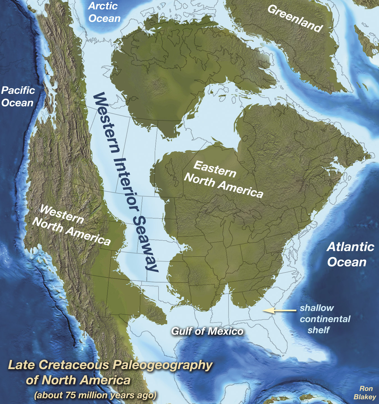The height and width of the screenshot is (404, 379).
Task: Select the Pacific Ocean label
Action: tap(18, 97)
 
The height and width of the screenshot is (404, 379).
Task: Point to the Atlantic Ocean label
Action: tap(350, 254)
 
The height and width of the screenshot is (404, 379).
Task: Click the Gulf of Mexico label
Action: tap(207, 331)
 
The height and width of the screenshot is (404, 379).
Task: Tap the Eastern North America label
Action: tap(223, 180)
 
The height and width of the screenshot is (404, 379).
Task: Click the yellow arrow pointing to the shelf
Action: tap(279, 310)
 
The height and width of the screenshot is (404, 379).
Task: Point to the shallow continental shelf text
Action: tap(325, 319)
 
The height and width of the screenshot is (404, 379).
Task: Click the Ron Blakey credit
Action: tap(365, 392)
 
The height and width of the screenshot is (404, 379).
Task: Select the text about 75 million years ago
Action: tap(95, 395)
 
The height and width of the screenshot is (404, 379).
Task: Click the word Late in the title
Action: tap(22, 365)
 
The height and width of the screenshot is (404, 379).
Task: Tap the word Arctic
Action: tap(103, 6)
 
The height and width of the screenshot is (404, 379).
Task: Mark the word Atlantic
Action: tap(350, 247)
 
